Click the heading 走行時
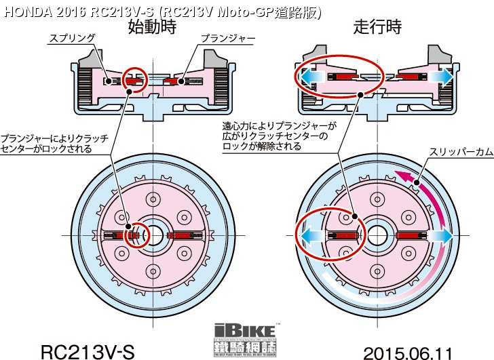377,27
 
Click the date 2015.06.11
407,353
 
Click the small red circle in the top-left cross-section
134,80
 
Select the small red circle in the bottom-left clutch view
138,235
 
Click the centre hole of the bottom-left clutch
153,235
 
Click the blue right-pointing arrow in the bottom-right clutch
442,235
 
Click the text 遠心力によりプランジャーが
280,126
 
